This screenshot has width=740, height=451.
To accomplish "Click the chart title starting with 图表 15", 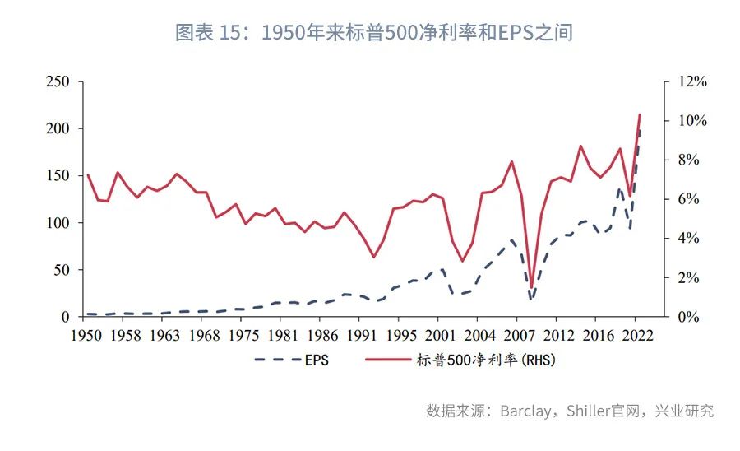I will point(374,33).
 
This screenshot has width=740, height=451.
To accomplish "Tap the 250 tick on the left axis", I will point(58,82).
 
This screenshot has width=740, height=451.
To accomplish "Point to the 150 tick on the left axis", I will point(58,176).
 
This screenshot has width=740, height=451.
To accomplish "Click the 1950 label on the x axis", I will point(87,336).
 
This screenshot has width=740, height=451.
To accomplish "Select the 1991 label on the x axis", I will point(360,336).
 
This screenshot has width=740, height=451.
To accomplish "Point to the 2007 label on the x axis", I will point(519,336).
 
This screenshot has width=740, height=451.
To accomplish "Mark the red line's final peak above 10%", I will point(640,114).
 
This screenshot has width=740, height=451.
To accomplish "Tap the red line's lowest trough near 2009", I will point(532,286).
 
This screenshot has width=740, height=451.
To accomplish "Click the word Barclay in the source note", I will point(525,411).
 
